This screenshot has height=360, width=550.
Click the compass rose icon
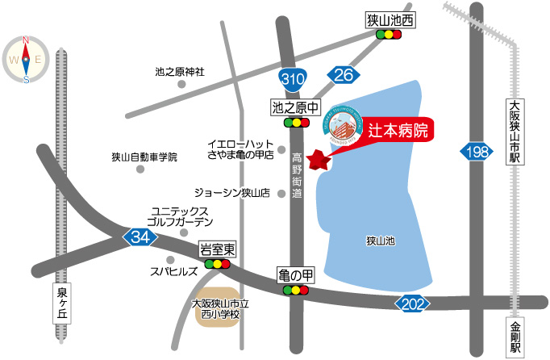[26, 59]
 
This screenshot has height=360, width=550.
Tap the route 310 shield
[293, 78]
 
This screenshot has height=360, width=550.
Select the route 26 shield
[343, 75]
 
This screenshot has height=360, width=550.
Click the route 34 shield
[140, 237]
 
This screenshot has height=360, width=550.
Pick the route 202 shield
[410, 303]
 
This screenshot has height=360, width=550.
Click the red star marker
[320, 159]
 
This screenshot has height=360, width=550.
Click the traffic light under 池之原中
[297, 123]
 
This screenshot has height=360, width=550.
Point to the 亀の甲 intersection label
[297, 275]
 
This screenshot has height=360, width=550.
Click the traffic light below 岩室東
[217, 264]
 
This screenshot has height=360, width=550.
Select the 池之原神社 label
[180, 72]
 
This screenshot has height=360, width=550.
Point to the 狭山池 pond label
[380, 241]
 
